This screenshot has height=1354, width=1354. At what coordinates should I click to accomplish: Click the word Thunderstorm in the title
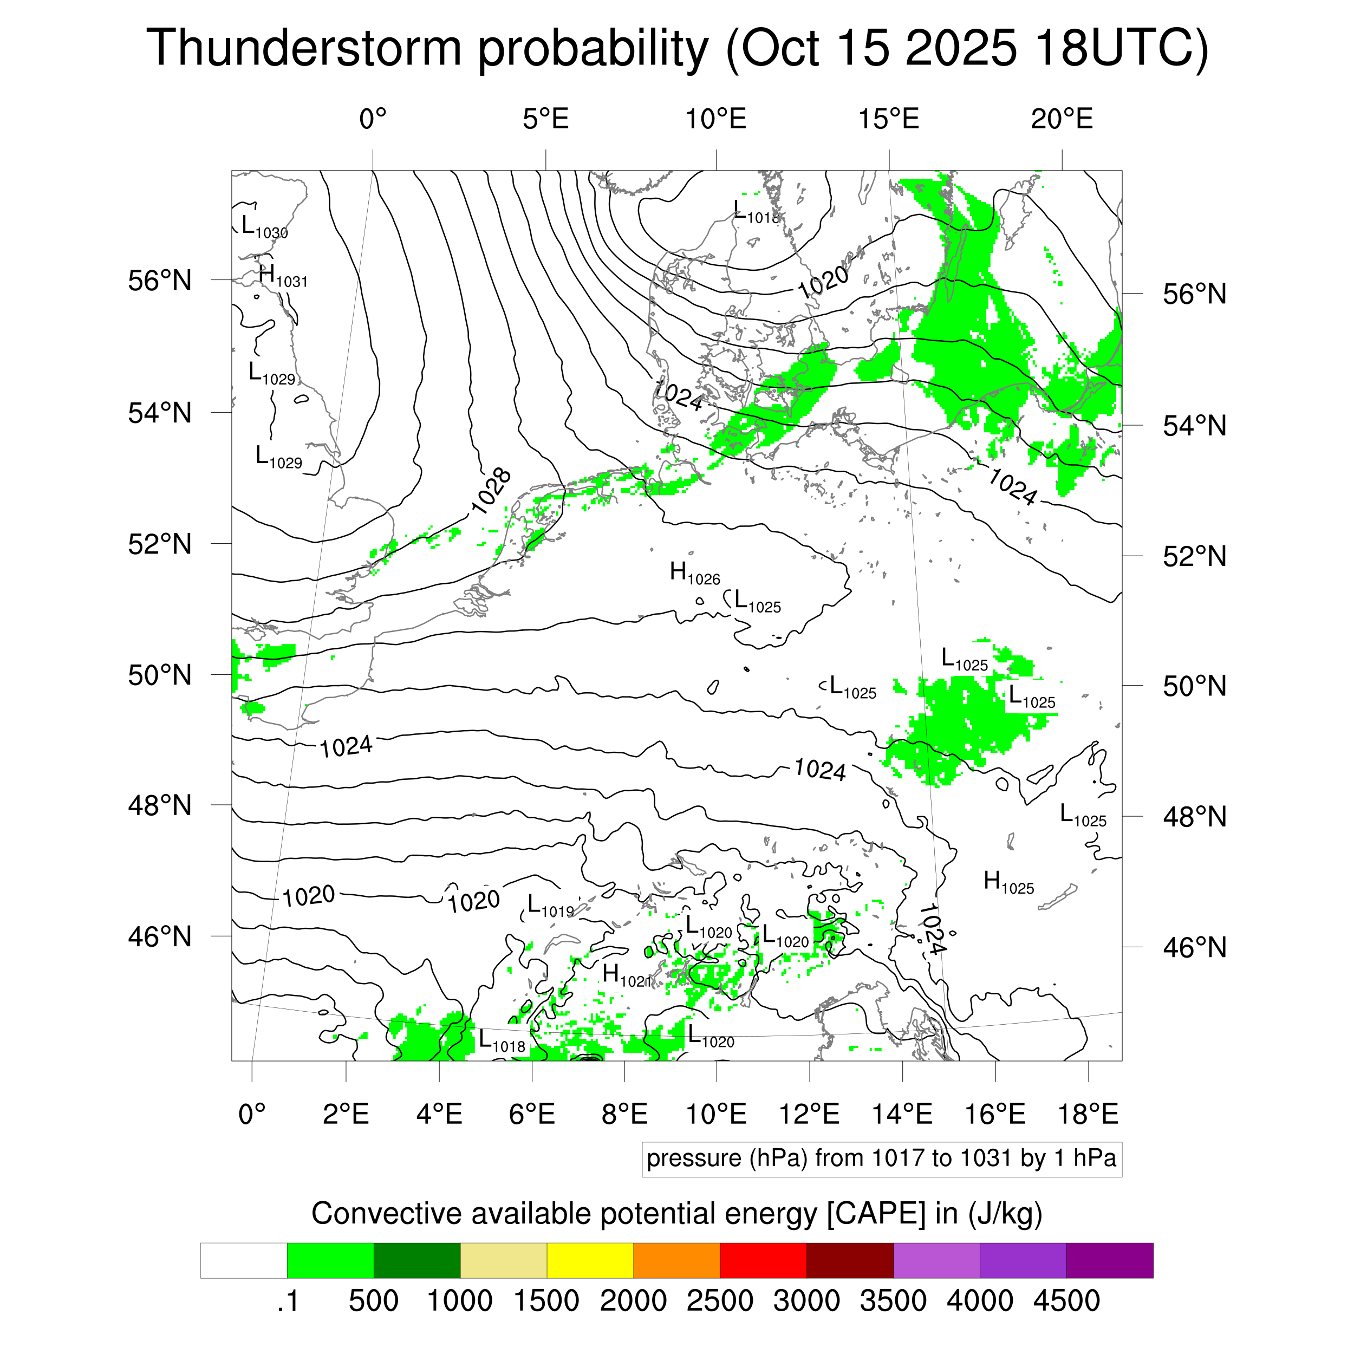(303, 48)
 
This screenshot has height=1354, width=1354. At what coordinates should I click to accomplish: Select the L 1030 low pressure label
(264, 226)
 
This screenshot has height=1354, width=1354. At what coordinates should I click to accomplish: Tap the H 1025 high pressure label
(1008, 882)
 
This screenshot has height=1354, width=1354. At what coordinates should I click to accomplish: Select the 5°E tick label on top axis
(545, 119)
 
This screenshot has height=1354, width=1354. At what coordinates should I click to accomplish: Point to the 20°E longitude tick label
(1061, 119)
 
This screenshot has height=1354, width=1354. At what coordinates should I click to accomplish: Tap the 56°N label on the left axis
(160, 281)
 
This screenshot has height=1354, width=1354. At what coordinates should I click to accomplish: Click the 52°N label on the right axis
(1194, 556)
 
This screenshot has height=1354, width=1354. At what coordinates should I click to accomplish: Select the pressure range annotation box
(881, 1158)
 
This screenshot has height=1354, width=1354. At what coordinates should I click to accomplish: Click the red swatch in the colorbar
(763, 1260)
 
